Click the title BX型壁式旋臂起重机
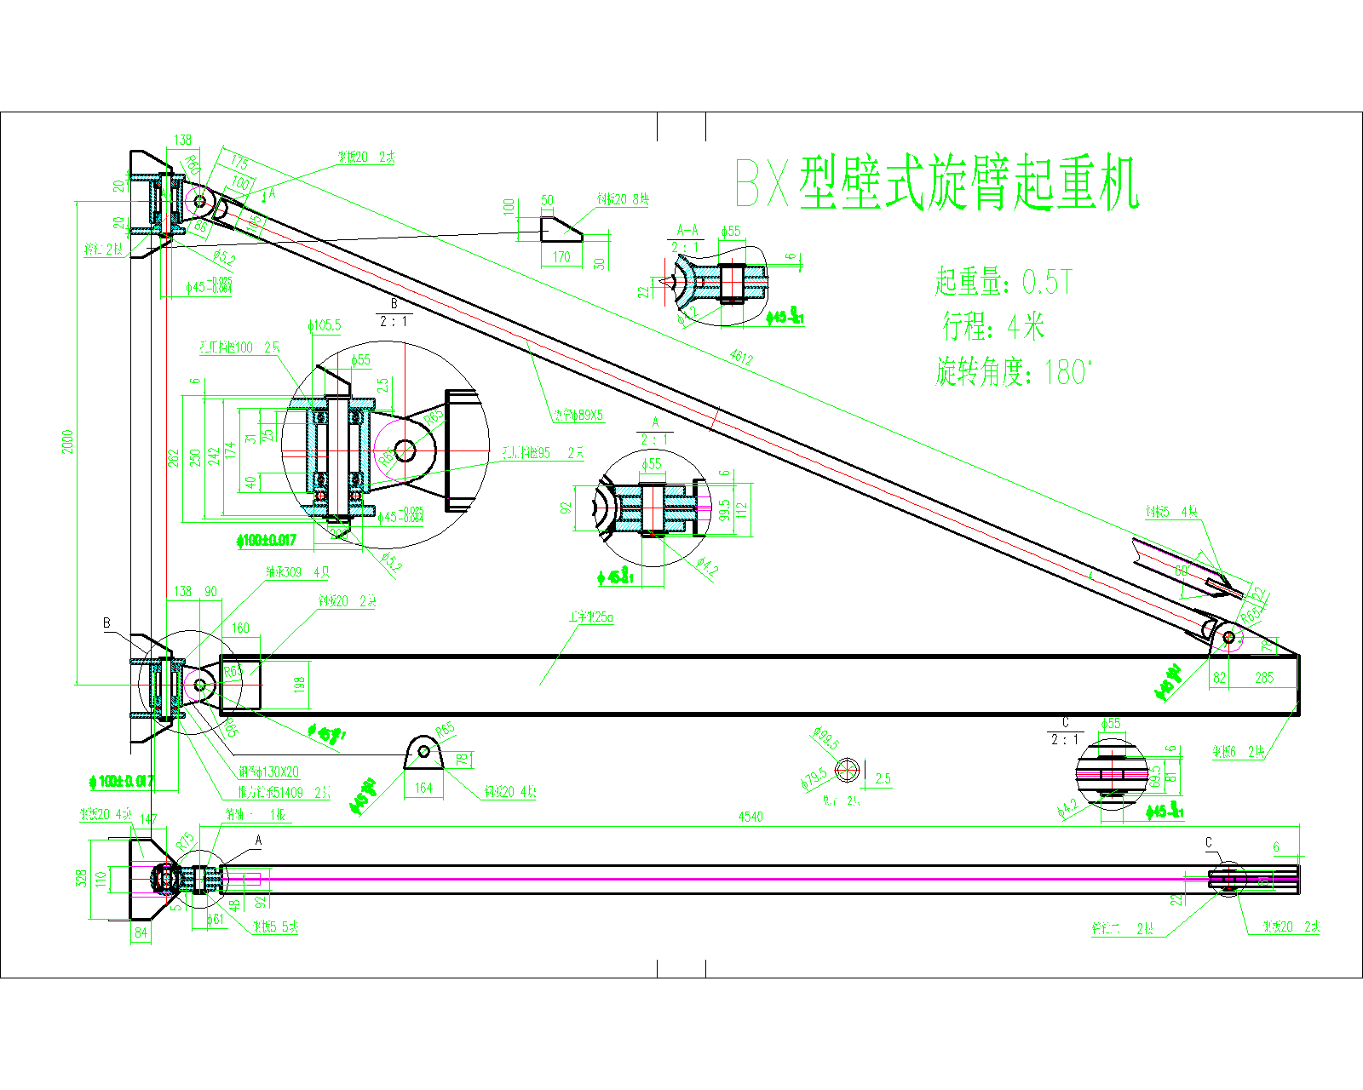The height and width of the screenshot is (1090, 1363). pyautogui.click(x=937, y=182)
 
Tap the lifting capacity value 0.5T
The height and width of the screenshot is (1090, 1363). pyautogui.click(x=1047, y=282)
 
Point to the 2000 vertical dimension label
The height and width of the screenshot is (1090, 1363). pyautogui.click(x=68, y=441)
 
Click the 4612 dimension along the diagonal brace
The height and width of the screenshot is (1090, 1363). pyautogui.click(x=741, y=358)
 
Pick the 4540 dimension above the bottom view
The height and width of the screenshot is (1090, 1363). pyautogui.click(x=750, y=817)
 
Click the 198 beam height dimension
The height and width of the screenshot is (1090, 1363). pyautogui.click(x=299, y=685)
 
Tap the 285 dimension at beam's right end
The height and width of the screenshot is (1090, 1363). pyautogui.click(x=1264, y=678)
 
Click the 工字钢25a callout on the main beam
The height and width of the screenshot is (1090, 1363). pyautogui.click(x=591, y=617)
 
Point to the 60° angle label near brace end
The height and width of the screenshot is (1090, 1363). pyautogui.click(x=1182, y=571)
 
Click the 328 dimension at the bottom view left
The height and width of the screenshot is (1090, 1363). pyautogui.click(x=82, y=877)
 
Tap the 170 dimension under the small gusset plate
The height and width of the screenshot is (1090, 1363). pyautogui.click(x=561, y=256)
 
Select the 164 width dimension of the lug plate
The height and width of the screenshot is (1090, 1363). pyautogui.click(x=423, y=788)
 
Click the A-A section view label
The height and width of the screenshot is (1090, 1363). pyautogui.click(x=687, y=230)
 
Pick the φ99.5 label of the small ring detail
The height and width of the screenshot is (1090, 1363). pyautogui.click(x=825, y=737)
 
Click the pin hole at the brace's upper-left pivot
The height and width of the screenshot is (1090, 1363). pyautogui.click(x=199, y=201)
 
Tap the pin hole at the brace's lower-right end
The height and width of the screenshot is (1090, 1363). pyautogui.click(x=1229, y=636)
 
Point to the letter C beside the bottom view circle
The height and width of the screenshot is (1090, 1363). pyautogui.click(x=1208, y=843)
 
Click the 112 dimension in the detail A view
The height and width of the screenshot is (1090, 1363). pyautogui.click(x=741, y=509)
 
